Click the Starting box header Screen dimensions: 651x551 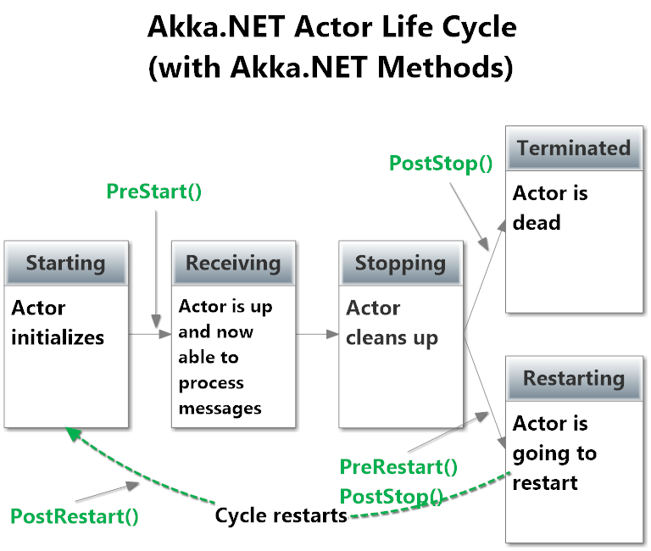click(x=66, y=264)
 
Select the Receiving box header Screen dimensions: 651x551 click(x=233, y=264)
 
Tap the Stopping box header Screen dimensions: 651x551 click(x=401, y=264)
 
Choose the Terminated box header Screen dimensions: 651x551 click(x=574, y=148)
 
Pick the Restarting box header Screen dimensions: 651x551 click(x=574, y=379)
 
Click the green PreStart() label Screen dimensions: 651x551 click(x=154, y=192)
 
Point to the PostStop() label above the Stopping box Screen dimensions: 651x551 click(x=441, y=164)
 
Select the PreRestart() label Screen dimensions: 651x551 click(x=398, y=467)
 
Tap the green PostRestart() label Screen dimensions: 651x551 click(x=75, y=516)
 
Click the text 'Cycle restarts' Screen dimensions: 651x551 click(x=281, y=515)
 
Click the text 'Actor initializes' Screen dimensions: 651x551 click(x=58, y=323)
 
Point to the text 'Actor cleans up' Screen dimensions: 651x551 click(x=392, y=323)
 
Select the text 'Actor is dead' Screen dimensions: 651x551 click(x=550, y=208)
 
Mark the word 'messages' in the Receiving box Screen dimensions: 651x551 click(x=220, y=409)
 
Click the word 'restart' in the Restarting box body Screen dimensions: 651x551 click(x=545, y=483)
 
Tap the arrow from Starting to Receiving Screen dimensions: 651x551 click(x=150, y=334)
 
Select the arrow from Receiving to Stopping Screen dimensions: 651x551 click(x=317, y=334)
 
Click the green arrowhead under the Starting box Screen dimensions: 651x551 click(x=74, y=434)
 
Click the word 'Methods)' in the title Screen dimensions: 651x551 click(x=445, y=68)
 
